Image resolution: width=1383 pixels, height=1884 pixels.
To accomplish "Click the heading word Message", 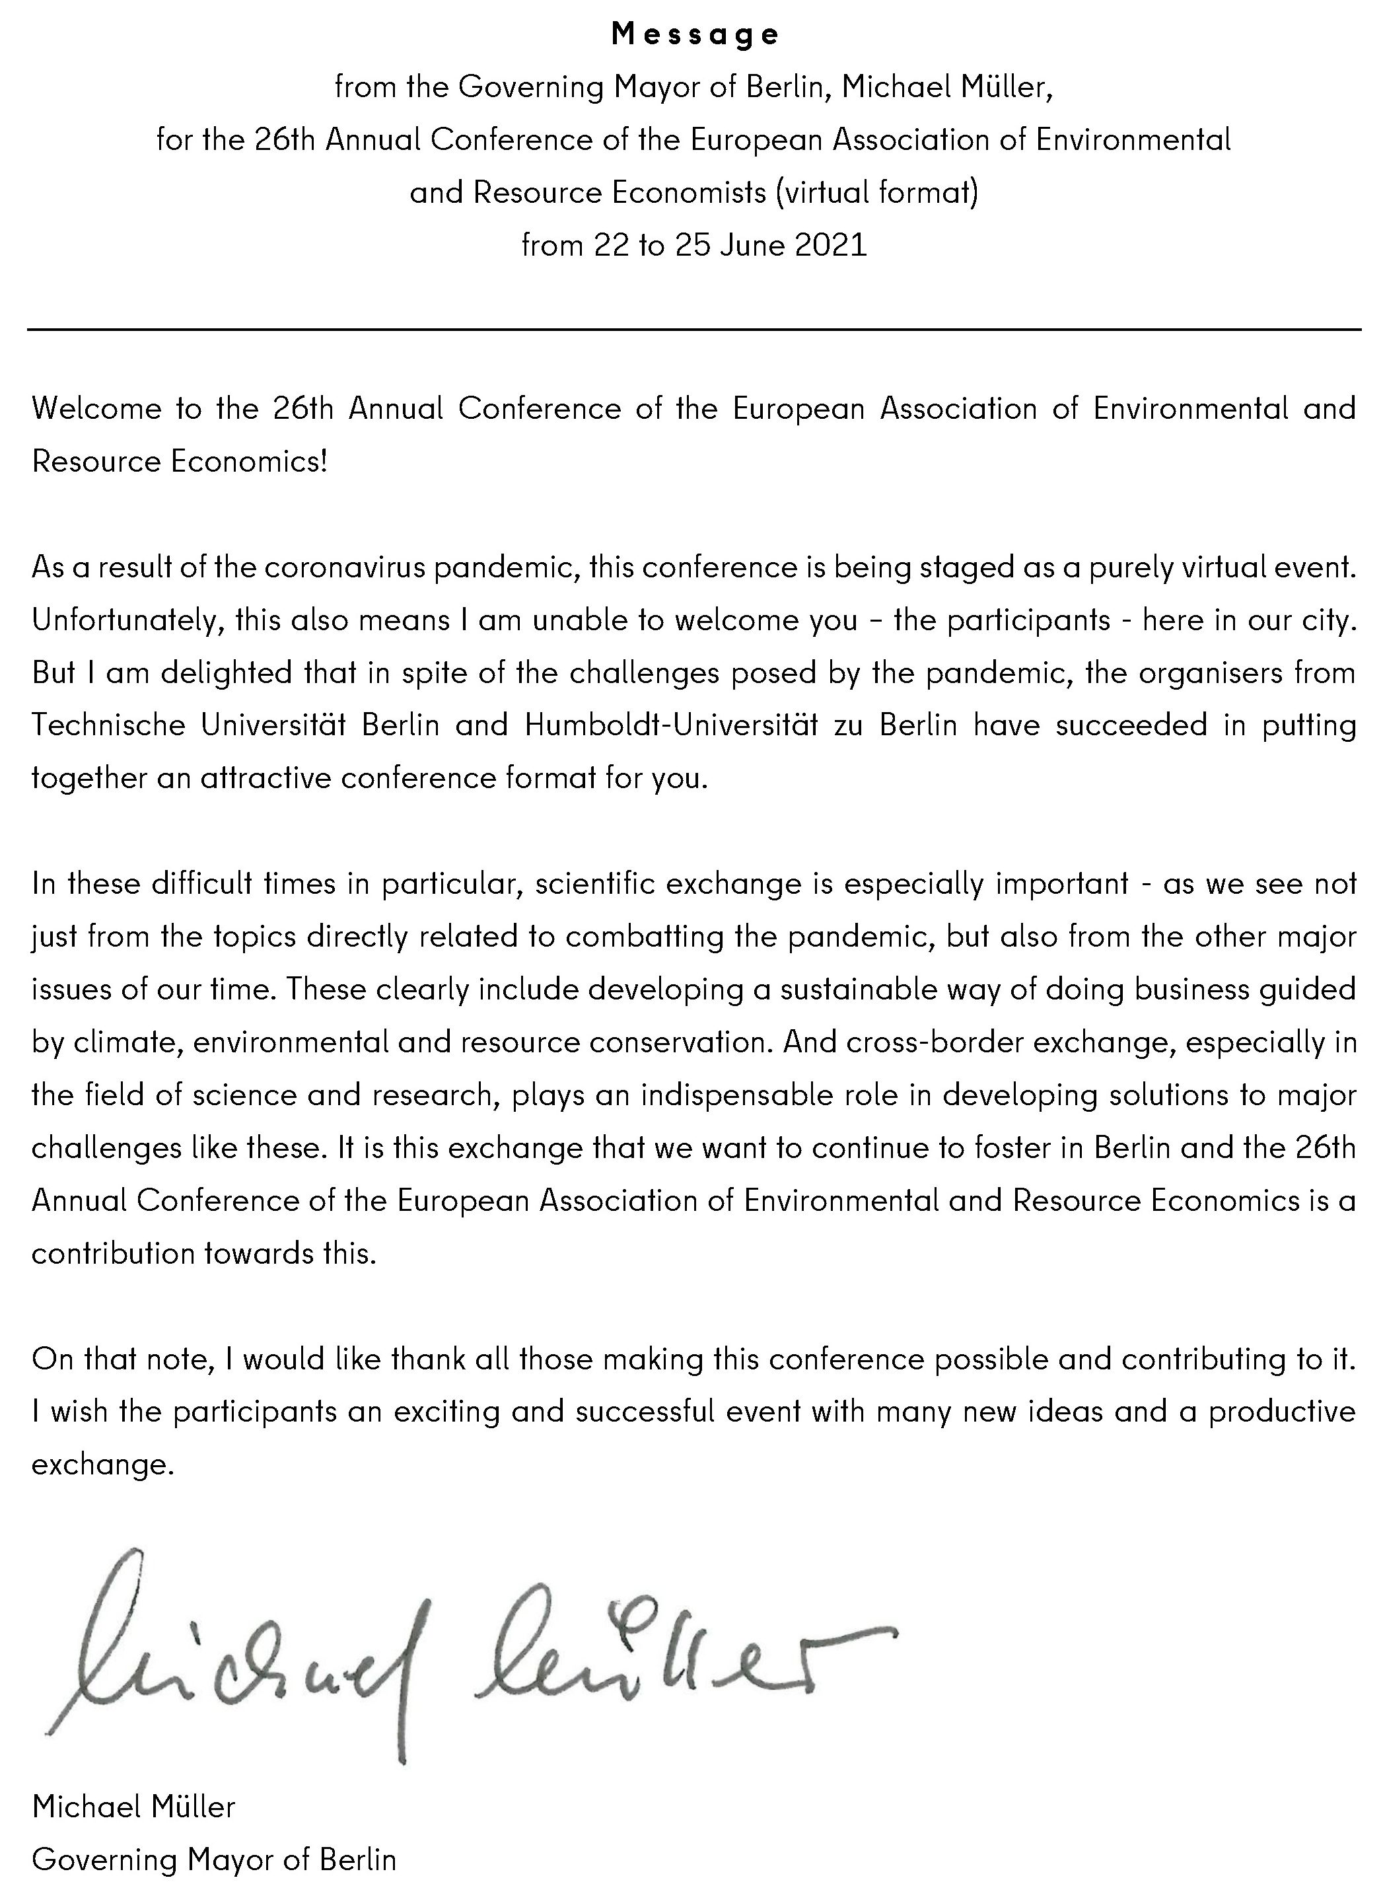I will pyautogui.click(x=695, y=34).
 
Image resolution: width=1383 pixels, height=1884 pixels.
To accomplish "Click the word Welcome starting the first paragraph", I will pyautogui.click(x=96, y=409).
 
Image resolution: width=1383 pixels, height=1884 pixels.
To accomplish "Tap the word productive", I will pyautogui.click(x=1281, y=1411).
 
